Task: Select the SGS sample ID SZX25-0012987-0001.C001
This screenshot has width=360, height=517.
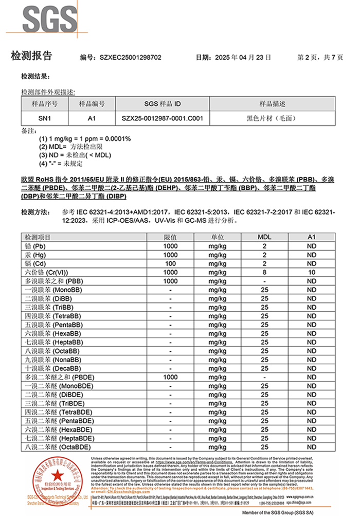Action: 163,118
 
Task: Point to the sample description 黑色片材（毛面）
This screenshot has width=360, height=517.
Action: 272,118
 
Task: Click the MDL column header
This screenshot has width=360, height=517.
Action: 264,237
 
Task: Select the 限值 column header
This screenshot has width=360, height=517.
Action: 170,237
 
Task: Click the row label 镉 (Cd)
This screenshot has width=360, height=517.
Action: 39,263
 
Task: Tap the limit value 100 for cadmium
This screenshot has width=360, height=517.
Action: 170,263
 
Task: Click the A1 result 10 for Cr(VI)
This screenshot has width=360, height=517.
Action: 312,272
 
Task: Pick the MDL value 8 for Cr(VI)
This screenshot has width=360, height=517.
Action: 264,272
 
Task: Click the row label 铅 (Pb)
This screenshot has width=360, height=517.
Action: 39,246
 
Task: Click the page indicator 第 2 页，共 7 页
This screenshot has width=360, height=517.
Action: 320,58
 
